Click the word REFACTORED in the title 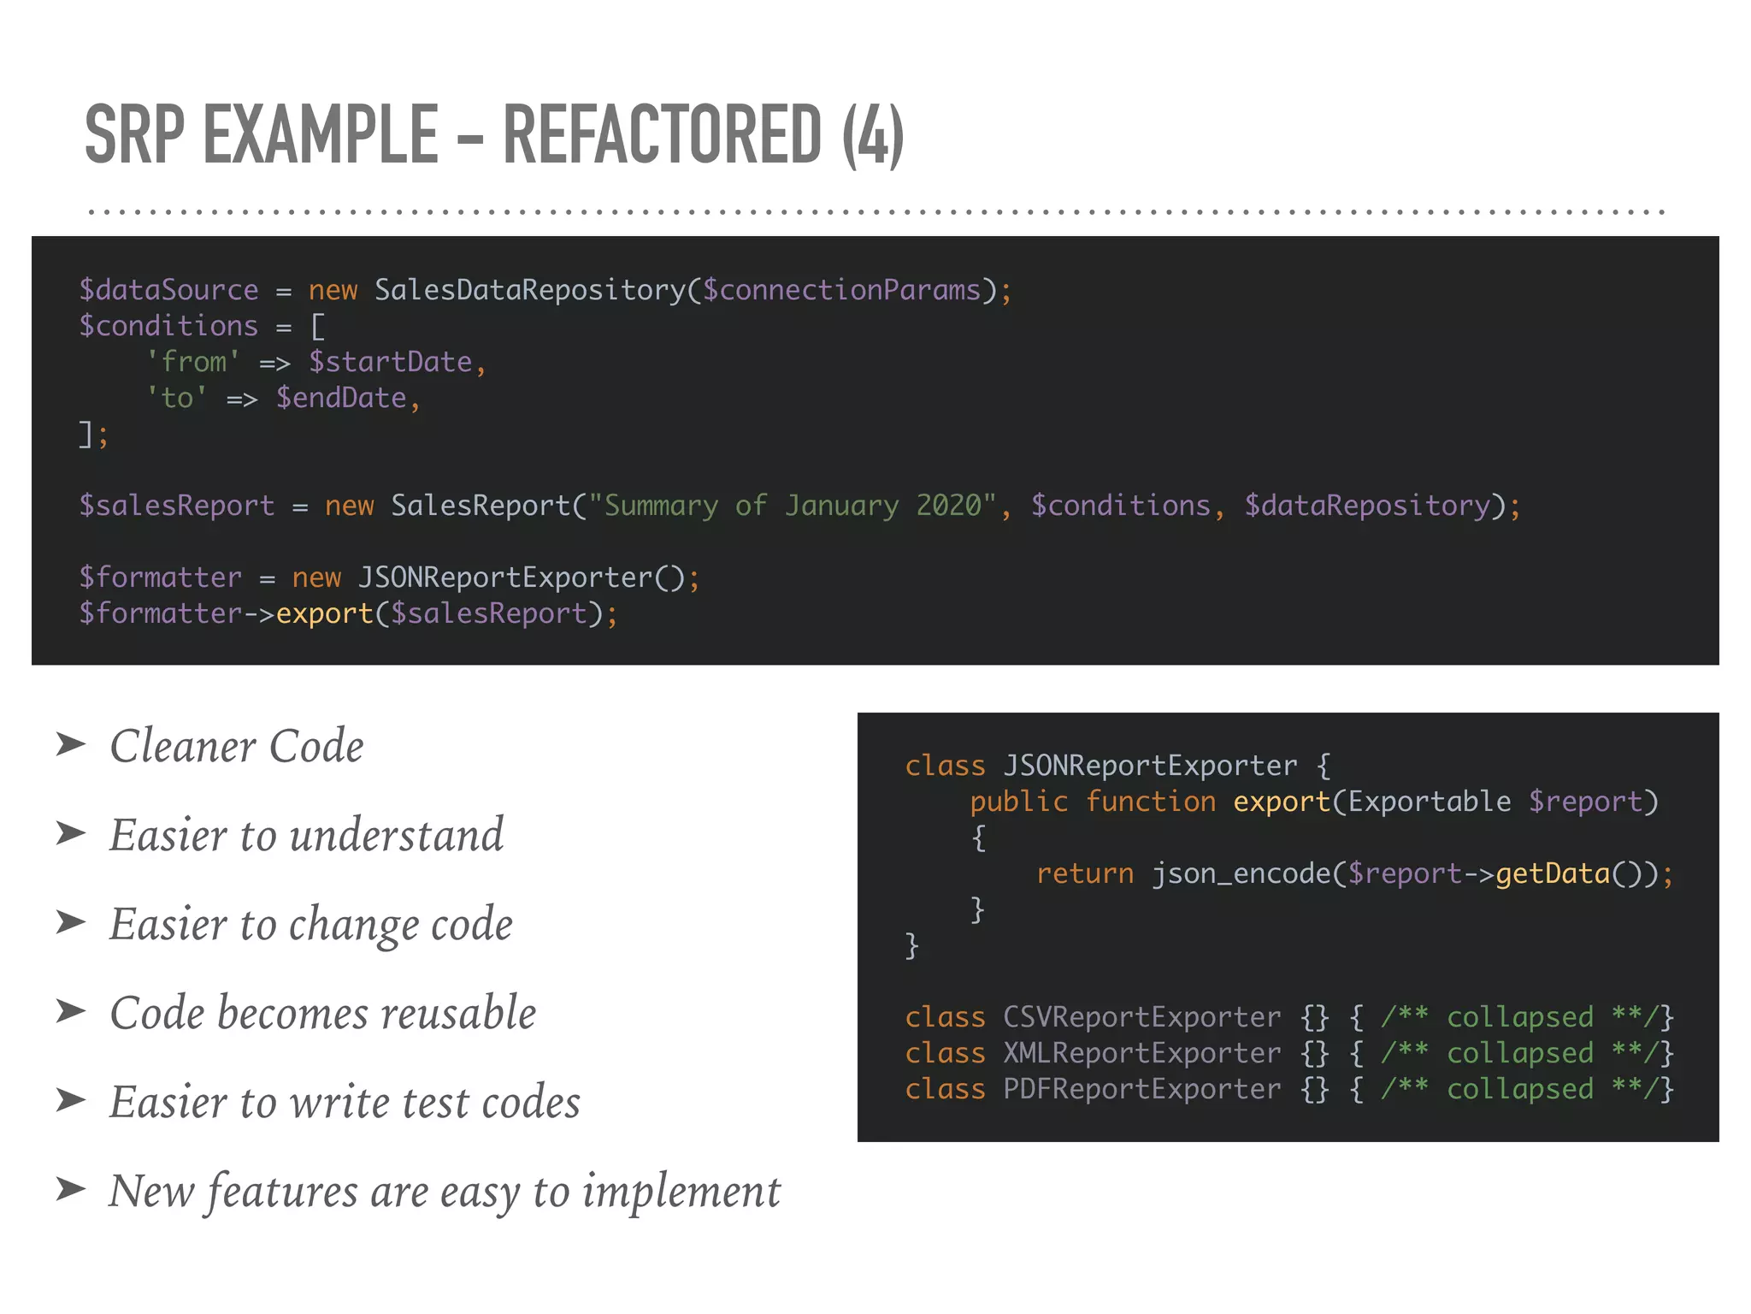coord(662,134)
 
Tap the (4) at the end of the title coord(872,134)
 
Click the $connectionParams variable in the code coord(841,290)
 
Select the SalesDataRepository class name coord(530,290)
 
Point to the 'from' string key coord(193,362)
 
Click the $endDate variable coord(341,398)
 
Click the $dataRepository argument coord(1367,506)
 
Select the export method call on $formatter coord(324,613)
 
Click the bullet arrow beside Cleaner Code coord(71,744)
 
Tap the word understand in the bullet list coord(397,835)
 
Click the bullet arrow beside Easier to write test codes coord(71,1100)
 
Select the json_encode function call coord(1240,873)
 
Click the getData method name coord(1552,873)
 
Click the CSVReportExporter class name coord(1141,1017)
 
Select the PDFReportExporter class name coord(1141,1089)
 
